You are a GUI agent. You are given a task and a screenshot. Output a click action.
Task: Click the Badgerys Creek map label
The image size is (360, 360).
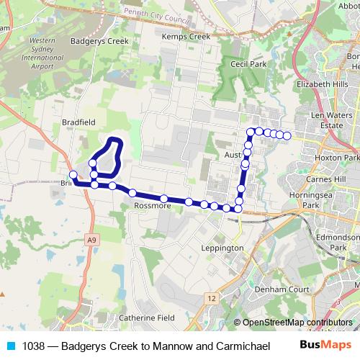99,41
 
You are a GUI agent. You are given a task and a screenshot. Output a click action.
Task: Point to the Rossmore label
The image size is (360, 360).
153,205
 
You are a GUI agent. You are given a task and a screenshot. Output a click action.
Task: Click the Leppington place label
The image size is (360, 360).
222,248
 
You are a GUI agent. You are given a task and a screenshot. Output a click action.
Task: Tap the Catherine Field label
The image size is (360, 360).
147,318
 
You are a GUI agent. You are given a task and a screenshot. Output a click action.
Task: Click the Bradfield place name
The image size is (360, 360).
79,122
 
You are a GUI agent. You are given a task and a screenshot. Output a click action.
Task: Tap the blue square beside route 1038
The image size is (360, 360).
10,346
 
